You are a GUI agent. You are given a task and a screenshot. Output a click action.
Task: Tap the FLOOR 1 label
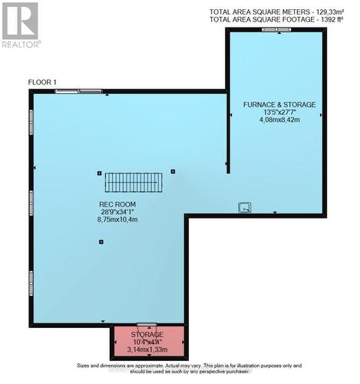click(44, 81)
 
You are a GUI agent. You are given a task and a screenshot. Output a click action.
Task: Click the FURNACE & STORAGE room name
click(279, 104)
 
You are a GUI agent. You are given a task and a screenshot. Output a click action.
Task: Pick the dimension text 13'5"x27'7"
click(279, 111)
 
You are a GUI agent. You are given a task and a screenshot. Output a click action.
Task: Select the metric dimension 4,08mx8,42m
click(279, 120)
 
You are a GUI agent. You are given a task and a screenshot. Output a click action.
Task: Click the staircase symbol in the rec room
click(134, 182)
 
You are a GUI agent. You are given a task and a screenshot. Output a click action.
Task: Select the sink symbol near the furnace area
click(244, 206)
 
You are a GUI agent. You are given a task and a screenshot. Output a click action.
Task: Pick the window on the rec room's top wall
click(78, 91)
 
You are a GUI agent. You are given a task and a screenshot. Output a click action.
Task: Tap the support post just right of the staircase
click(173, 172)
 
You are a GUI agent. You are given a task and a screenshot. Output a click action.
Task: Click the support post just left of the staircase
click(100, 173)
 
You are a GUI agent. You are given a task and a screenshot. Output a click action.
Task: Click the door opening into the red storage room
click(147, 326)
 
